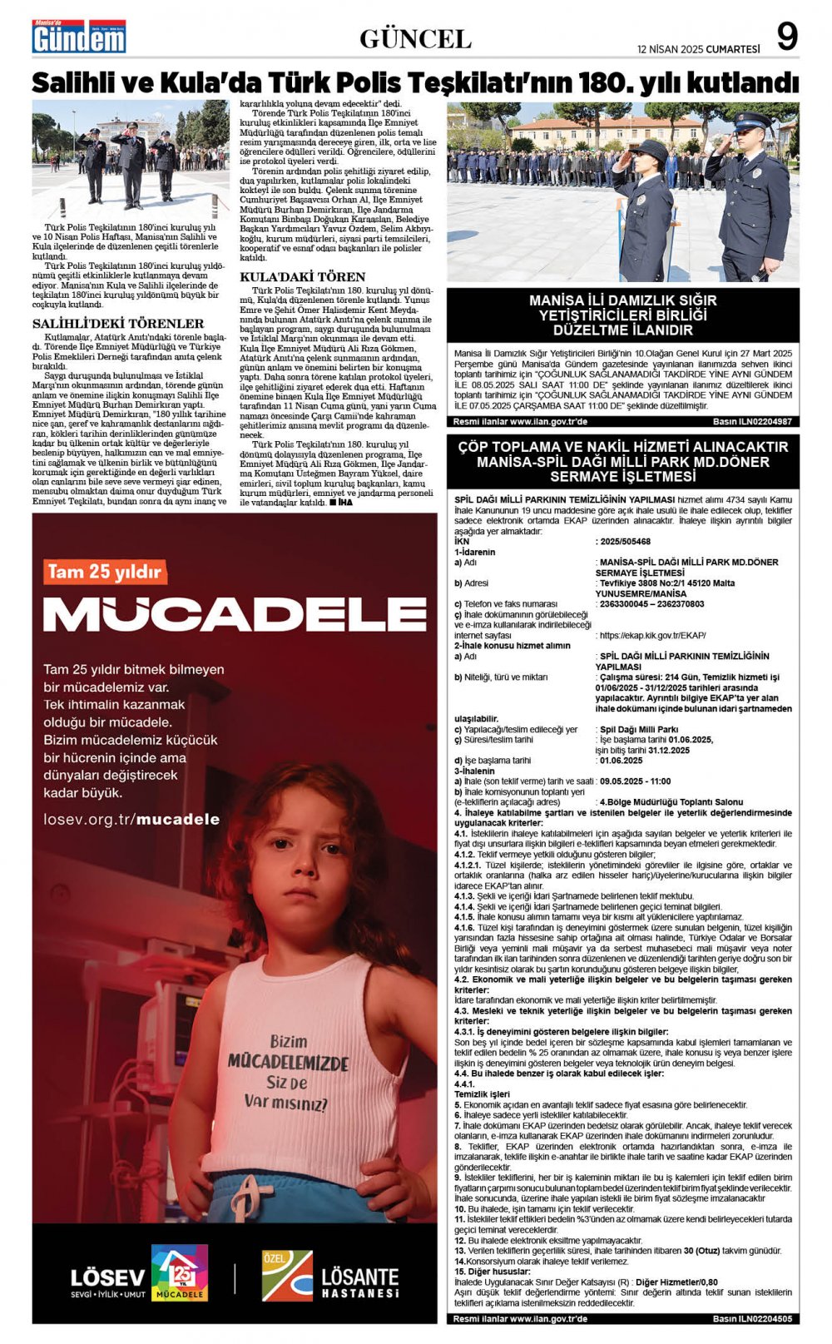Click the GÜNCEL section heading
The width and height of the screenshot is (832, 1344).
coord(415,38)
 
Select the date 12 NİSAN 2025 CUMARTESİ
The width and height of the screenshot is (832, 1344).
coord(698,49)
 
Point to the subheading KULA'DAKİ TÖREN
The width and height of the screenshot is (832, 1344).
coord(302,276)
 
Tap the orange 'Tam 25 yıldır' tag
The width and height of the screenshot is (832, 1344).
coord(105,572)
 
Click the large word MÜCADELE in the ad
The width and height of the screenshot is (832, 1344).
coord(235,613)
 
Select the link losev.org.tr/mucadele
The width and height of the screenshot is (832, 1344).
coord(131,819)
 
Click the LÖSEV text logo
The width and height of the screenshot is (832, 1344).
coord(107,1277)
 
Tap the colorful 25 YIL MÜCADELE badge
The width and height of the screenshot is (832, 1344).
coord(179,1272)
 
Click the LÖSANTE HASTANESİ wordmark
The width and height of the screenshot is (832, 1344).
coord(359,1282)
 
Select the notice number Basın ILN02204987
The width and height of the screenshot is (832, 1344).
coord(752,422)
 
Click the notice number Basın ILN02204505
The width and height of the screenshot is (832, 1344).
coord(752,1319)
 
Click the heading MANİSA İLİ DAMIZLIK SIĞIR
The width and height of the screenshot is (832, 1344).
coord(622,300)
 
